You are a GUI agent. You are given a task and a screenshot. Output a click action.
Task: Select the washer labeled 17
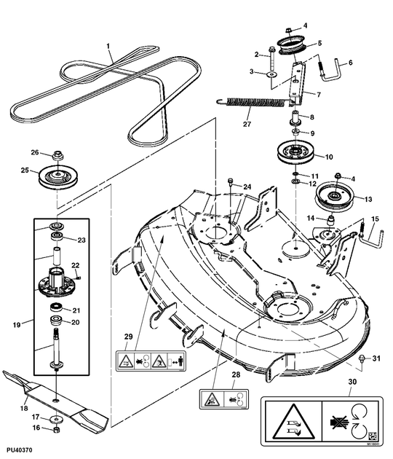[x=56, y=419]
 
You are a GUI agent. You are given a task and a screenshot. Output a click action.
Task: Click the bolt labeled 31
[x=361, y=358]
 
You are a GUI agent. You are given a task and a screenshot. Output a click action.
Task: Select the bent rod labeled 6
[x=333, y=72]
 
